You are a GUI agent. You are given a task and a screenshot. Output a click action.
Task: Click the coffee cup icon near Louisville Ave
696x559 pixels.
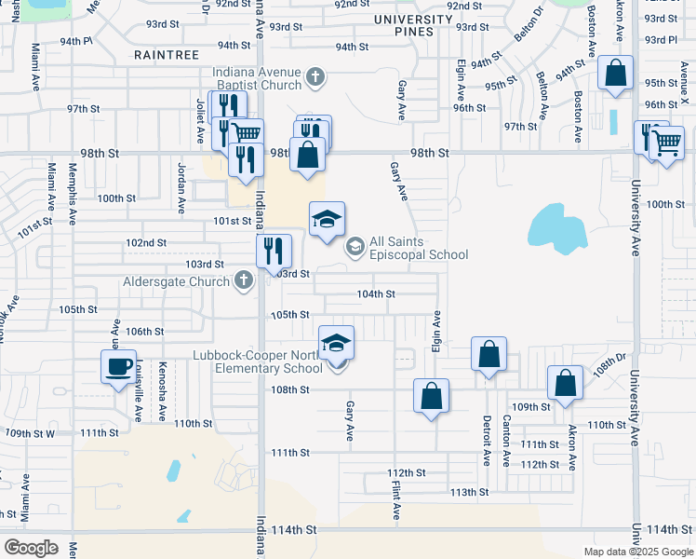click(x=119, y=367)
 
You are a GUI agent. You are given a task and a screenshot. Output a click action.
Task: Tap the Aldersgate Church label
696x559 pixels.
click(x=175, y=281)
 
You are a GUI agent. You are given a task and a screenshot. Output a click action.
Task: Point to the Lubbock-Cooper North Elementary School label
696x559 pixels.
click(x=258, y=361)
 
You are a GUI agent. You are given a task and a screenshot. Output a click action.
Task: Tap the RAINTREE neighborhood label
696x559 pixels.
click(x=167, y=55)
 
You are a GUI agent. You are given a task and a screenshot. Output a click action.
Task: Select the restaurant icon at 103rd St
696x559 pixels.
click(x=274, y=251)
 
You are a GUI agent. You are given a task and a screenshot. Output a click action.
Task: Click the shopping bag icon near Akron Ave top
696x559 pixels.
click(x=616, y=75)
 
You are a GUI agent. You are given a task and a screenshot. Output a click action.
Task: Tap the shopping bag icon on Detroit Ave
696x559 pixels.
click(x=489, y=355)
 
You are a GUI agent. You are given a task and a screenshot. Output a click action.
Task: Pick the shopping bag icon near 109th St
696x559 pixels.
click(x=565, y=383)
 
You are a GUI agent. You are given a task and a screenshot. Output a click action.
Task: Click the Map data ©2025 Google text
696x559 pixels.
click(x=638, y=552)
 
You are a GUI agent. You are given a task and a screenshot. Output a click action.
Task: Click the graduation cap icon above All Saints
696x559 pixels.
click(x=327, y=220)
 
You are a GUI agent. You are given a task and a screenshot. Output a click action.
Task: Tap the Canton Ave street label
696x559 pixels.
click(x=507, y=440)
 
